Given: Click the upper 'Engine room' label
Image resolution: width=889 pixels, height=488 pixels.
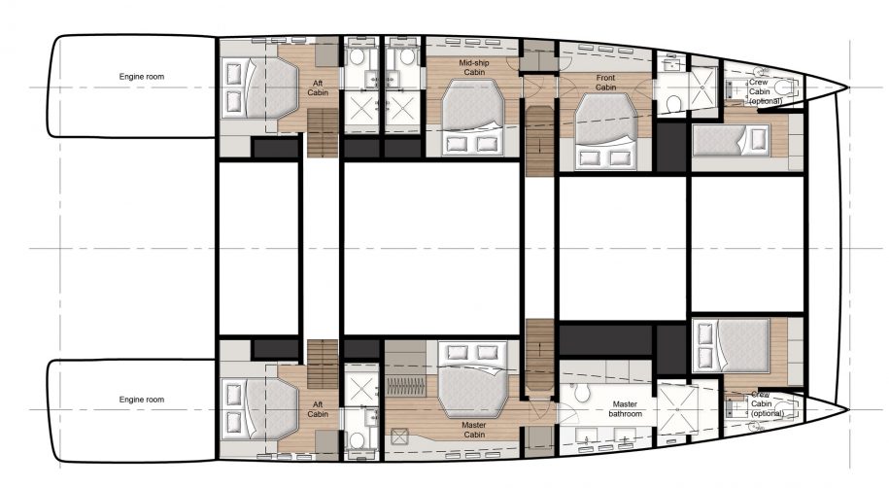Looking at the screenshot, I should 141,75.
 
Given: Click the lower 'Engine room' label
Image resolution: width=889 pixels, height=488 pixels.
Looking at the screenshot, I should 141,400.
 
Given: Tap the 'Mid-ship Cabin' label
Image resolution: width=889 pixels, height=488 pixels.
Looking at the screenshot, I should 473,67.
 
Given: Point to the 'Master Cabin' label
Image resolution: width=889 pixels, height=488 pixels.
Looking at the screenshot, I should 473,430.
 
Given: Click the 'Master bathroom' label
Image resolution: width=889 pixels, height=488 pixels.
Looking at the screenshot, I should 626,408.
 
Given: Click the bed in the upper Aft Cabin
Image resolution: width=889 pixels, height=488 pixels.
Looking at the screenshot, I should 256,88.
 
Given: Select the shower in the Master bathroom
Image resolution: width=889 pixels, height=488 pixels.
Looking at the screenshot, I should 681,408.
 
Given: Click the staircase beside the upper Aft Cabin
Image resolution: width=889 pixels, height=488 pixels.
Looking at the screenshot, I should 322,134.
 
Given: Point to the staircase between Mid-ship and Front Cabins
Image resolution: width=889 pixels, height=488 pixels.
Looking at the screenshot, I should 537,140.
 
